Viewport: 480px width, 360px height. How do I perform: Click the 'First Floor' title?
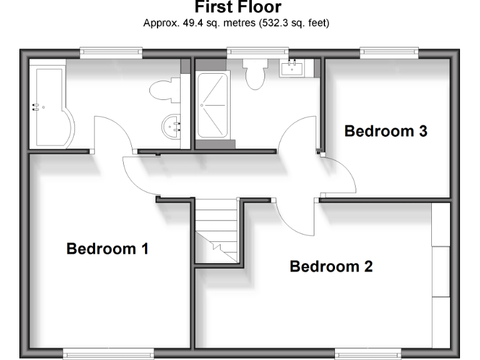(230, 7)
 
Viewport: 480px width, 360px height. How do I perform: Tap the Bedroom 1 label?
(107, 249)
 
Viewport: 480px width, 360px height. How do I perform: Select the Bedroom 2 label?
(331, 267)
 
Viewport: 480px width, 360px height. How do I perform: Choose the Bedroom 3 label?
(386, 131)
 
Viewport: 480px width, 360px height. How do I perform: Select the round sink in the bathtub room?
(171, 127)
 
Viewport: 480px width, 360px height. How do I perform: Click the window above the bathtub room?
(111, 52)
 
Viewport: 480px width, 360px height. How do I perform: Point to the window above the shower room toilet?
(257, 52)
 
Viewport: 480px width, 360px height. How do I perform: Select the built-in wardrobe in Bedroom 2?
(441, 275)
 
